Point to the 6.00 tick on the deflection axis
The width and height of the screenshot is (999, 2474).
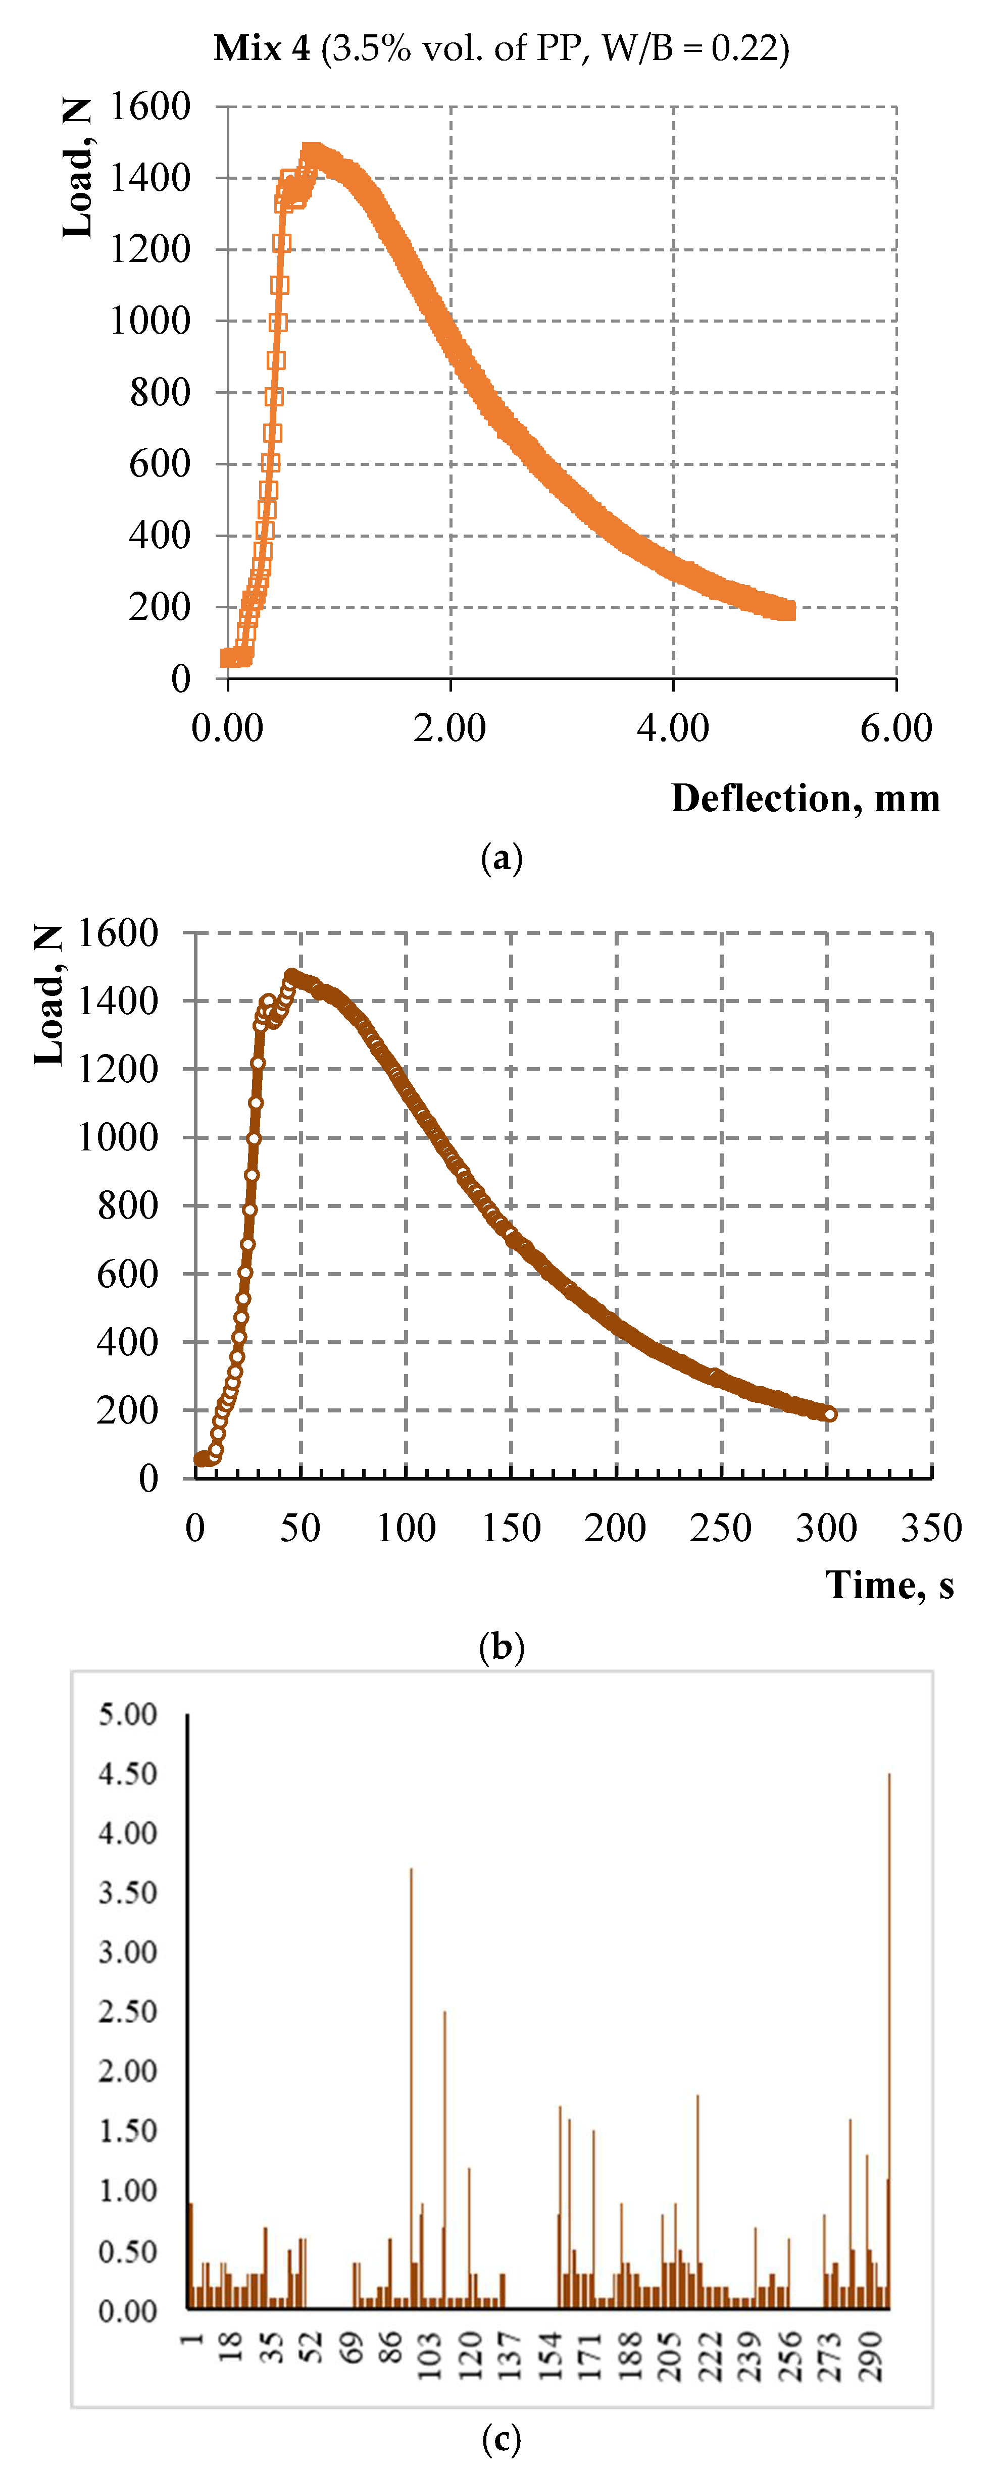point(895,728)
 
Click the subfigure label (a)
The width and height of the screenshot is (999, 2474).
point(501,858)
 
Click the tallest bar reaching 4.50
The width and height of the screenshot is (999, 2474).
point(888,2036)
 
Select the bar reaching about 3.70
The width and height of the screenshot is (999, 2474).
point(411,2084)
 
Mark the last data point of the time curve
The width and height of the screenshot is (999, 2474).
point(829,1414)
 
